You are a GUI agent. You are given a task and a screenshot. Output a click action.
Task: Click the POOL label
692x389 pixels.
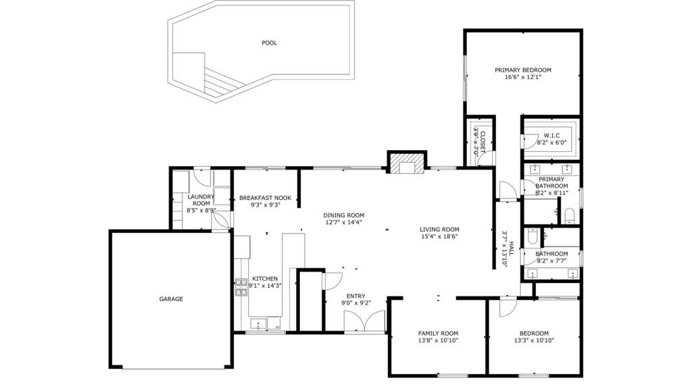click(x=269, y=43)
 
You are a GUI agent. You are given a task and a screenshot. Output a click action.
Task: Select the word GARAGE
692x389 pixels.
click(x=171, y=299)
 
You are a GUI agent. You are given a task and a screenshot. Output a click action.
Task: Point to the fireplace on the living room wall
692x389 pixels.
click(x=407, y=164)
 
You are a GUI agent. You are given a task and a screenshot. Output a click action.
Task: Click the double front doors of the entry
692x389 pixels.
click(x=365, y=321)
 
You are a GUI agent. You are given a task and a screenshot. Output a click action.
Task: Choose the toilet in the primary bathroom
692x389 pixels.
click(x=569, y=216)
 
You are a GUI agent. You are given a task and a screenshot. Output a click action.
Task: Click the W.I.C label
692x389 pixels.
click(x=553, y=136)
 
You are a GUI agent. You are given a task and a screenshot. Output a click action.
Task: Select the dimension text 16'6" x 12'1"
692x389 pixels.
click(x=522, y=78)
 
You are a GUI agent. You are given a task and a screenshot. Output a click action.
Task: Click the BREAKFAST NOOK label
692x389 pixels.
click(x=265, y=198)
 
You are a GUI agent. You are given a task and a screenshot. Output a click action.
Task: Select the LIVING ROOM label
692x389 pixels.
click(x=439, y=229)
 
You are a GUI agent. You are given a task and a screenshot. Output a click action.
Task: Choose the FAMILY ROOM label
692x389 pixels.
click(x=438, y=334)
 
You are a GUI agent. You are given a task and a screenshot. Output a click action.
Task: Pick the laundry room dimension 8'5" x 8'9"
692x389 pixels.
click(x=201, y=211)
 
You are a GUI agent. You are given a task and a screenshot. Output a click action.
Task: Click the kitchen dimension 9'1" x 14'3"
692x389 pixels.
click(x=265, y=286)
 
